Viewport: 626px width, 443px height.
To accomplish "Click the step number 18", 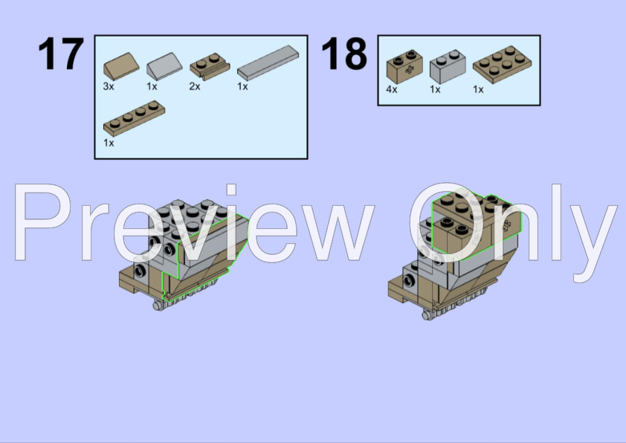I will click(344, 54).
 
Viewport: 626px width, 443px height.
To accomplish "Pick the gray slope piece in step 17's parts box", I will click(164, 67).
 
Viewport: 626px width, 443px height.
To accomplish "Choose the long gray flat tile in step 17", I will click(268, 62).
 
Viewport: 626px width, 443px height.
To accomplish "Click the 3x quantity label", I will click(109, 87).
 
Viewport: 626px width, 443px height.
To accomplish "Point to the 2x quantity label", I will click(196, 87).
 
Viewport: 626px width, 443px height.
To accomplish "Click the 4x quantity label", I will click(392, 89).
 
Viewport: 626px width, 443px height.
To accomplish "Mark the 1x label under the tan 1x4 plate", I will click(109, 143).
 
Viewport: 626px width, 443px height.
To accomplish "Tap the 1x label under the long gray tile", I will click(242, 87).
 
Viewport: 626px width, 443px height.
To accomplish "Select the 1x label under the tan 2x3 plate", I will click(478, 89).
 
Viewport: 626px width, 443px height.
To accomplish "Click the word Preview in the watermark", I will click(193, 223).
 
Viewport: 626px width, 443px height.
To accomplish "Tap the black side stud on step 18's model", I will click(409, 281).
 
